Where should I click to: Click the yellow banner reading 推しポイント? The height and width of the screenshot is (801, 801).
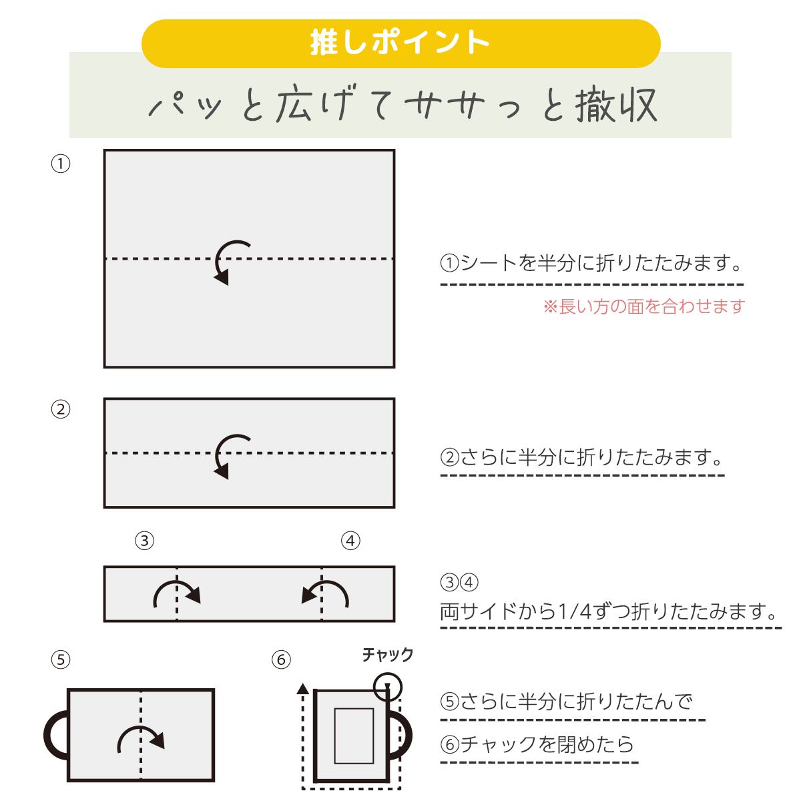(400, 43)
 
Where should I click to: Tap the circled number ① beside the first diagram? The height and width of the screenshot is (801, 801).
(61, 164)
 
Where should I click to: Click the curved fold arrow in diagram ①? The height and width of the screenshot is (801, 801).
(231, 260)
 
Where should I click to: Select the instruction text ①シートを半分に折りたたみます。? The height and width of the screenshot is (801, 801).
(591, 262)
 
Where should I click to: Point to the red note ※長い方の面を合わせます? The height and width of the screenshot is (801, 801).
(643, 306)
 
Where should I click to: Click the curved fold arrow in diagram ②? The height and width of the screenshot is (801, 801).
(231, 455)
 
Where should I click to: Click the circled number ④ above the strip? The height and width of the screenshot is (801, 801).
(350, 541)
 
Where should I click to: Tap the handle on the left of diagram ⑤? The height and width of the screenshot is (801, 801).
(53, 734)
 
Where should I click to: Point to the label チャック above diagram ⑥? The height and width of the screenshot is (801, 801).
(388, 655)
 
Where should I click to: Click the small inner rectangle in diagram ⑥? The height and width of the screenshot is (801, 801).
(353, 735)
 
